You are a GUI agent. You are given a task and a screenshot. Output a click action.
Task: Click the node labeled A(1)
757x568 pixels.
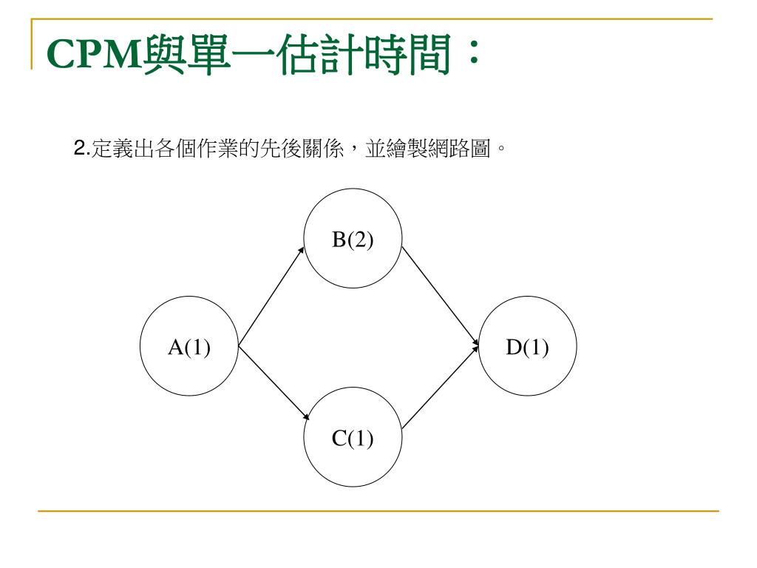(x=189, y=346)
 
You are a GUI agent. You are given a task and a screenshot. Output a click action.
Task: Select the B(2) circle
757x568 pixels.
(x=353, y=240)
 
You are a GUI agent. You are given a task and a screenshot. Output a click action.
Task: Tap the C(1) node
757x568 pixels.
(x=353, y=439)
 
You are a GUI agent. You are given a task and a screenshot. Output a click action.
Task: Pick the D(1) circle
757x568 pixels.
(x=528, y=346)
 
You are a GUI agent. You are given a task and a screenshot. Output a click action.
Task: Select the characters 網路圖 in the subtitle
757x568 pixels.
(x=462, y=149)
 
